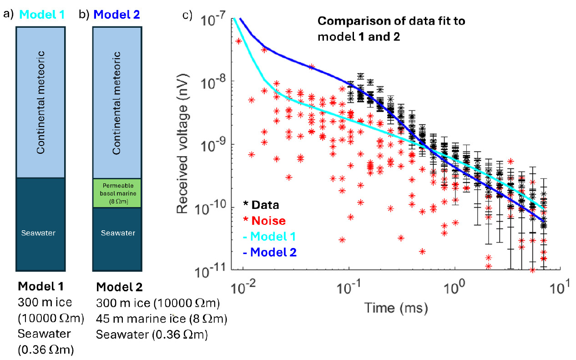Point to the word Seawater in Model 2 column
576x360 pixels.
(x=118, y=233)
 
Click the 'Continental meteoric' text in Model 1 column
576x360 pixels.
(x=41, y=102)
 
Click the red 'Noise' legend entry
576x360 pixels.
(x=265, y=221)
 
